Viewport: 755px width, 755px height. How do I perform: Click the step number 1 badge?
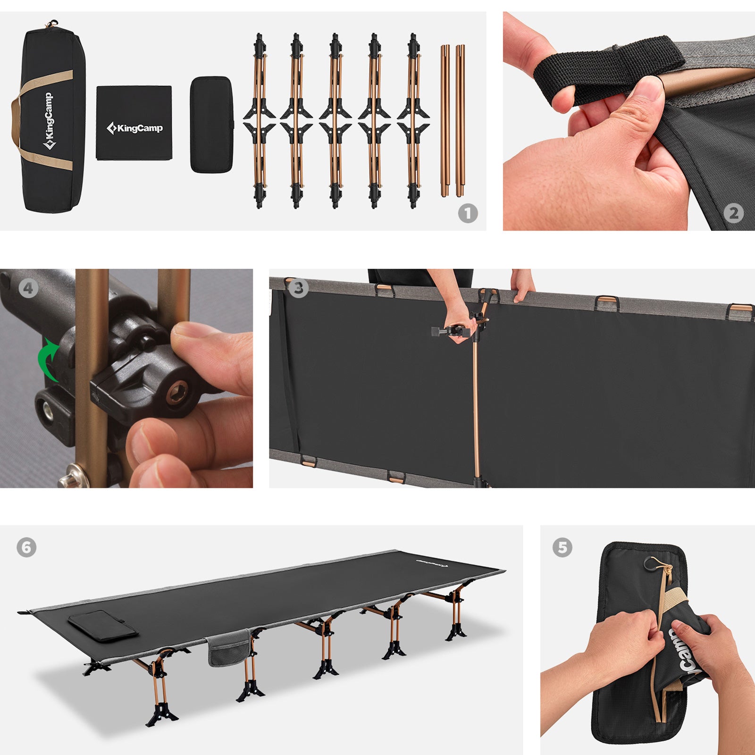click(468, 213)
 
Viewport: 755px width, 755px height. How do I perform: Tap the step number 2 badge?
click(733, 213)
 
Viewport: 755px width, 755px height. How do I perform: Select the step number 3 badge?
click(298, 288)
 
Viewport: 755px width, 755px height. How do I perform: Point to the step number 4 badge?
click(28, 288)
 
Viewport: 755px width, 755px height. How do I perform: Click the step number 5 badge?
click(562, 547)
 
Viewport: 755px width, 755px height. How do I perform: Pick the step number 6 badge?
click(26, 547)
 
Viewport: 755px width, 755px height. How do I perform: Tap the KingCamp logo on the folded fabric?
click(134, 128)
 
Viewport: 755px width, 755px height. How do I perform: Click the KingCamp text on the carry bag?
click(49, 120)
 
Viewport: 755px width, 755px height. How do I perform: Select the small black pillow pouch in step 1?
click(211, 124)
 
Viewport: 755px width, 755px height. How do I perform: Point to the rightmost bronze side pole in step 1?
click(460, 120)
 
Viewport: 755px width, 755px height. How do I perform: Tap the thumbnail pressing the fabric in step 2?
click(651, 90)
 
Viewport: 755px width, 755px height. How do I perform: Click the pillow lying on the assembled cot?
click(103, 626)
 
